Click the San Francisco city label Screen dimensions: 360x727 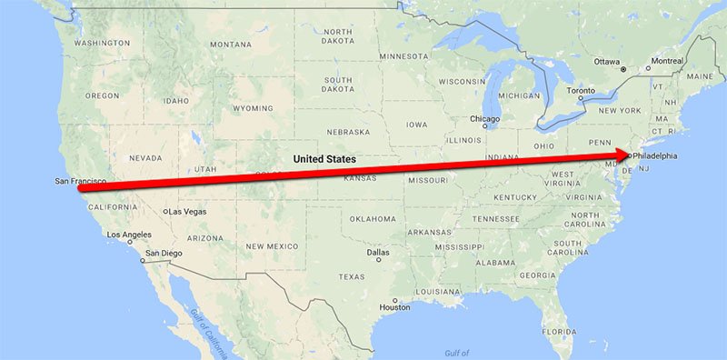[79, 182]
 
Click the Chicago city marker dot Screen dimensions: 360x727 [485, 128]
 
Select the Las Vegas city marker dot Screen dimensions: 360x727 [164, 212]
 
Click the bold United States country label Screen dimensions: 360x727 [323, 159]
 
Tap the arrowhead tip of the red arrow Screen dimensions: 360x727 [631, 155]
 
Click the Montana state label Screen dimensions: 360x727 [230, 44]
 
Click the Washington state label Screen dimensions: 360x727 [102, 43]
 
